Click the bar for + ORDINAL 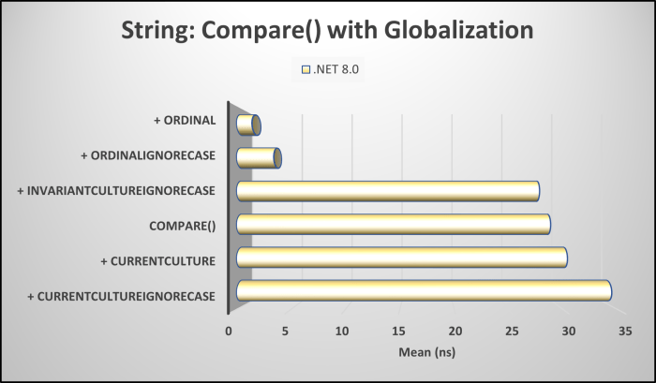[248, 125]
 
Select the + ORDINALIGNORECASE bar [259, 157]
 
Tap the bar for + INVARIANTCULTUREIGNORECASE [388, 191]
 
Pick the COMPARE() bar [394, 224]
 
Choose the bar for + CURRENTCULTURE [402, 258]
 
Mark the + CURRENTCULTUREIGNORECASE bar [424, 290]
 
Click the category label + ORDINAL [185, 121]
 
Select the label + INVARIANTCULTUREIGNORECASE [117, 191]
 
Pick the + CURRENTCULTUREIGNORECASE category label [122, 296]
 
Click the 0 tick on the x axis [228, 331]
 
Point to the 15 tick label [398, 331]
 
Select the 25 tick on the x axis [513, 331]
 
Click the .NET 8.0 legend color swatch [306, 68]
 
